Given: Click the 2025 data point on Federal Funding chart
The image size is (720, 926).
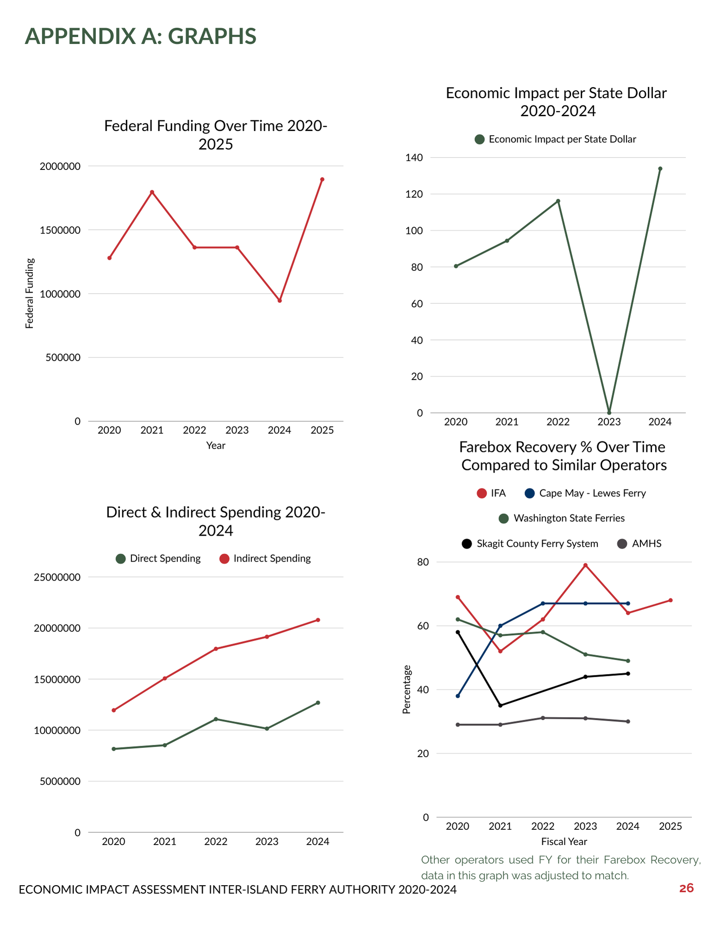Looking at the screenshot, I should pyautogui.click(x=322, y=179).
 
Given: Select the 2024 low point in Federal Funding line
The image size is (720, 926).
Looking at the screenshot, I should pyautogui.click(x=280, y=300).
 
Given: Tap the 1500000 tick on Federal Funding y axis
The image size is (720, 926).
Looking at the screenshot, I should pyautogui.click(x=60, y=230).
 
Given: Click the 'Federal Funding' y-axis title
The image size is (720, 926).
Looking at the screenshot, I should pyautogui.click(x=30, y=293).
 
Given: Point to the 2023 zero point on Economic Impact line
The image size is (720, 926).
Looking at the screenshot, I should pyautogui.click(x=609, y=413).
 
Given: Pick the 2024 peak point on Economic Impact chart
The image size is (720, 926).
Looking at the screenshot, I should pyautogui.click(x=660, y=169).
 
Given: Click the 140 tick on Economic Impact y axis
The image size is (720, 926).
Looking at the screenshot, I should pyautogui.click(x=414, y=158).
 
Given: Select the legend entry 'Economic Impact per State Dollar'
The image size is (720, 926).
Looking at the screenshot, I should pyautogui.click(x=556, y=139).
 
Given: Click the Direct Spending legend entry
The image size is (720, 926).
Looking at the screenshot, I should pyautogui.click(x=158, y=558).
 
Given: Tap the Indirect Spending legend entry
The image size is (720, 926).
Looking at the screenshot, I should pyautogui.click(x=265, y=558).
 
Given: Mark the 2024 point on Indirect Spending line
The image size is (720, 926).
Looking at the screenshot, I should pyautogui.click(x=318, y=620).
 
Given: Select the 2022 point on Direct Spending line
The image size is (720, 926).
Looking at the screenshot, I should pyautogui.click(x=216, y=719).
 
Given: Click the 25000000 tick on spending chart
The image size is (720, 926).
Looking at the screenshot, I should pyautogui.click(x=57, y=577).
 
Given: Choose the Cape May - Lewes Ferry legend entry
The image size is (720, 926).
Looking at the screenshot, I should pyautogui.click(x=585, y=493).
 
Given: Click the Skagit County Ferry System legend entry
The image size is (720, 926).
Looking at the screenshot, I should pyautogui.click(x=530, y=544).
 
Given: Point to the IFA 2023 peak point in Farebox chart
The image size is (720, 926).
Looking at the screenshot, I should pyautogui.click(x=585, y=565).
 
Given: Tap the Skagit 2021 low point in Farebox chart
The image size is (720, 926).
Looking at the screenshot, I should pyautogui.click(x=500, y=706).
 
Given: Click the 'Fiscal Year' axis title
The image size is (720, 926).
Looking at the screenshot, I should pyautogui.click(x=564, y=841).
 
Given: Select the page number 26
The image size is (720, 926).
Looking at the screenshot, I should pyautogui.click(x=686, y=888).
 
